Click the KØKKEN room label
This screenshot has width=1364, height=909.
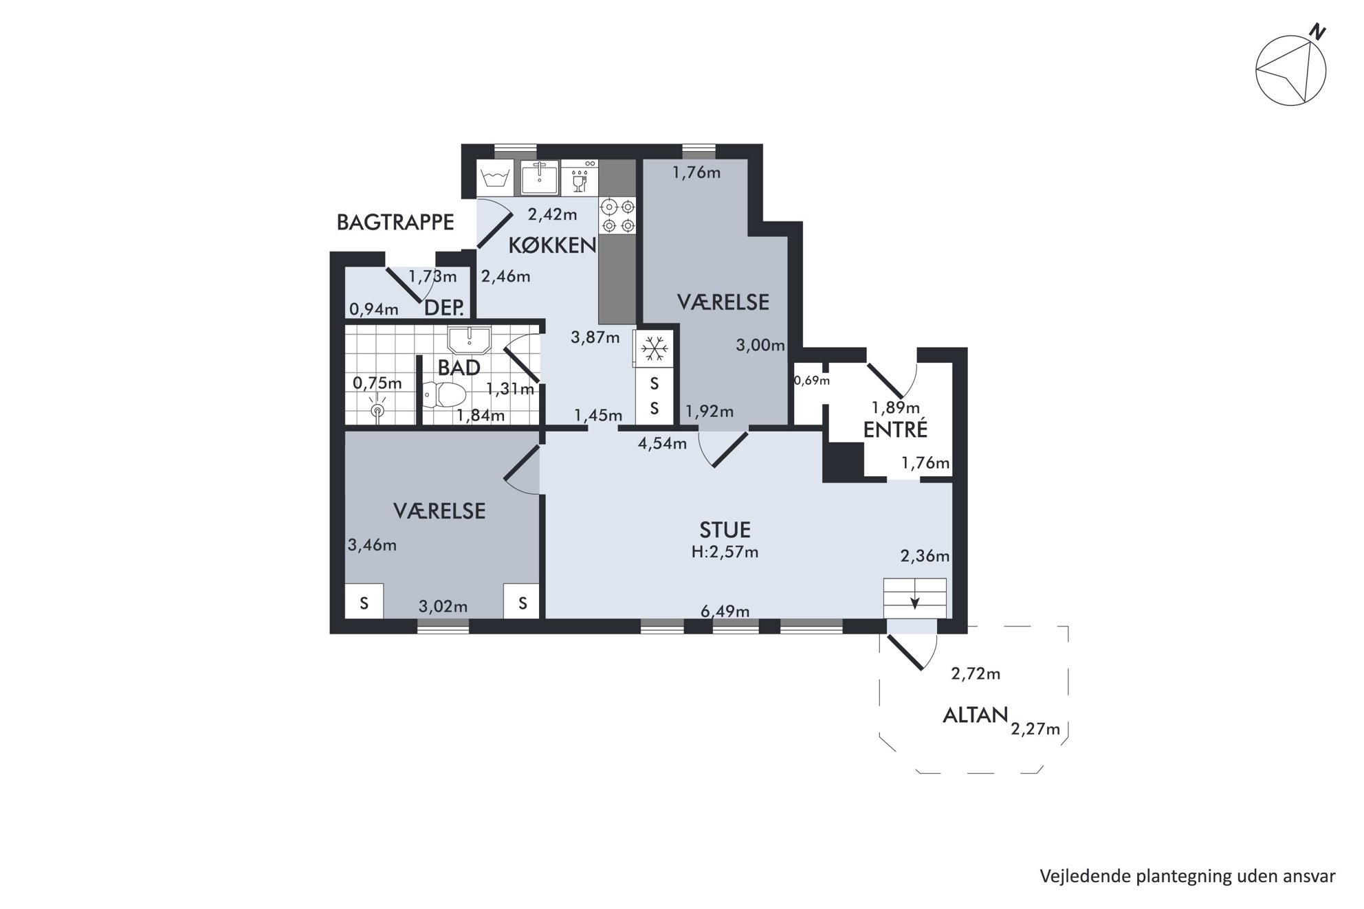click(x=552, y=245)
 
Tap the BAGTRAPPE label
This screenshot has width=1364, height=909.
click(x=395, y=222)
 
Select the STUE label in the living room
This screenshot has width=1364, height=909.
click(x=725, y=530)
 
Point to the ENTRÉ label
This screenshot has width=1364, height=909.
click(x=895, y=429)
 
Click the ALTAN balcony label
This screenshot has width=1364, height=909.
click(x=975, y=715)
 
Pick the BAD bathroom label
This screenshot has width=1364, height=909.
click(x=459, y=368)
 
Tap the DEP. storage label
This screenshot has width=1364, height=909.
click(x=444, y=307)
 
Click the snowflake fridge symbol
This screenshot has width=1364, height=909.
click(x=654, y=350)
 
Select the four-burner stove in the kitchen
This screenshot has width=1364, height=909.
click(x=617, y=216)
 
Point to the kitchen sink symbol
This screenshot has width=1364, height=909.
click(x=539, y=178)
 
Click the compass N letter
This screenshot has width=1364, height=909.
click(x=1317, y=32)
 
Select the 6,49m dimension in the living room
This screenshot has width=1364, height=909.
click(x=725, y=611)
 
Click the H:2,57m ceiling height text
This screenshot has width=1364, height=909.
click(x=725, y=552)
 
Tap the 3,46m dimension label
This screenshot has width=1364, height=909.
click(x=372, y=545)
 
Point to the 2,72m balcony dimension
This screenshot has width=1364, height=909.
click(x=976, y=673)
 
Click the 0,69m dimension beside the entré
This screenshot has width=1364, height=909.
click(x=812, y=380)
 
